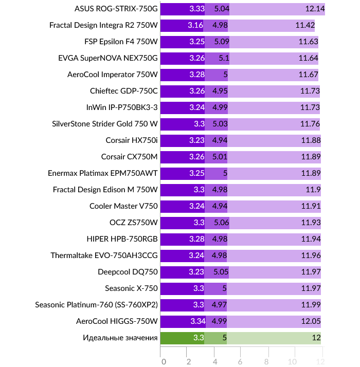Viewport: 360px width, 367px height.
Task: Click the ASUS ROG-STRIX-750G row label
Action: coord(116,9)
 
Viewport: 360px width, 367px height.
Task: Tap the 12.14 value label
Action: coord(314,9)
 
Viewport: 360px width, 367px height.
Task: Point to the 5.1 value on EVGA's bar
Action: coord(224,58)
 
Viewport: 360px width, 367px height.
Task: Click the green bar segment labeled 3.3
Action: coord(183,338)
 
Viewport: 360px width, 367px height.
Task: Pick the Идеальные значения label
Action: coord(120,338)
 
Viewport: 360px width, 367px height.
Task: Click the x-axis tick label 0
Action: coord(163,361)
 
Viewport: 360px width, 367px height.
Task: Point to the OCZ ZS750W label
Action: coord(134,223)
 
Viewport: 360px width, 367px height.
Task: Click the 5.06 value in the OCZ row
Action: coord(221,223)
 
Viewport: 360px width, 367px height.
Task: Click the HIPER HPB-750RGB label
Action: coord(122,239)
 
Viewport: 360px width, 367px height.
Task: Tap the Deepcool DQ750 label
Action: coord(128,272)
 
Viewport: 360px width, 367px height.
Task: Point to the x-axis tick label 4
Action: coord(215,361)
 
